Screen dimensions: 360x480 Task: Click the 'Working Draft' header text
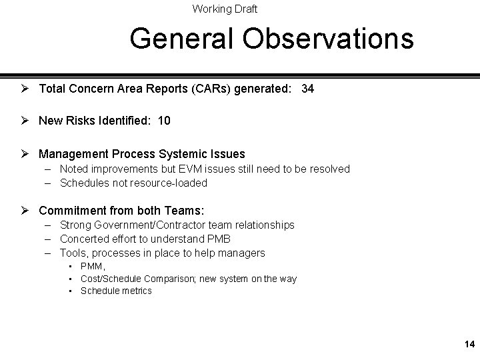tap(225, 9)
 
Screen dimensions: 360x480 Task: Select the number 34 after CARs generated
tap(307, 88)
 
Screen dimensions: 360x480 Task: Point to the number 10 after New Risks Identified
tap(164, 121)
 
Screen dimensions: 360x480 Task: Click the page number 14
tap(469, 345)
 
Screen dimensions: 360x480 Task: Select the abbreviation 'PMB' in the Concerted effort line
tap(215, 239)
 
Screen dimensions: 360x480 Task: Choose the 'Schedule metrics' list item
tap(116, 291)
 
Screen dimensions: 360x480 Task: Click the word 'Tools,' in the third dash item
tap(74, 253)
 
